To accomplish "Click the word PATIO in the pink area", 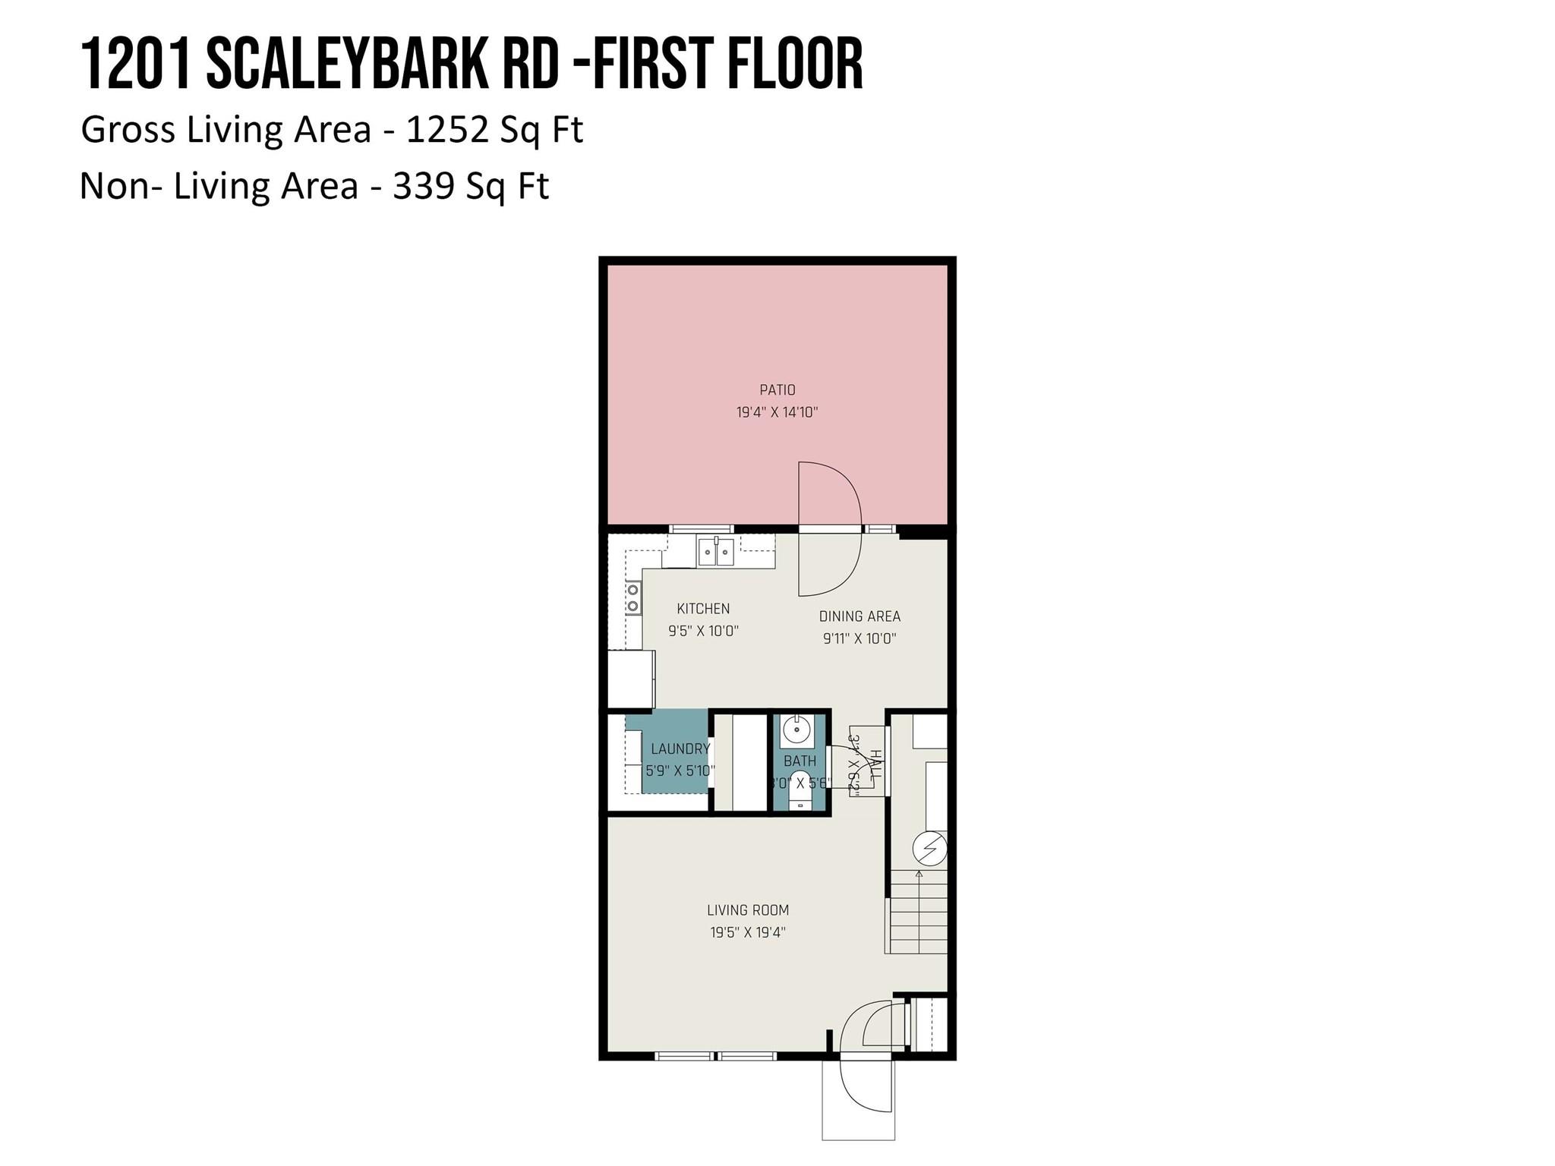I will click(777, 390).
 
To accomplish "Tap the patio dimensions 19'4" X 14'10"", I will click(777, 413).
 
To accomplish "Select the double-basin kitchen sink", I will click(716, 551).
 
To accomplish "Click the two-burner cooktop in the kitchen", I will click(632, 597).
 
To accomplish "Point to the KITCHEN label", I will click(703, 609).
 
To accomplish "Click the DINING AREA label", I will click(860, 616).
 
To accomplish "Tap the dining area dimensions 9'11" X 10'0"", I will click(860, 638).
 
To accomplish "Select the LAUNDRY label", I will click(680, 748).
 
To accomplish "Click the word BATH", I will click(800, 761).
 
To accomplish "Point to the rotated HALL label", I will click(875, 767).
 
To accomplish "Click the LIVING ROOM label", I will click(748, 910).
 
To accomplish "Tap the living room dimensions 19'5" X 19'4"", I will click(748, 932).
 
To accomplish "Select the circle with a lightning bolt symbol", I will click(930, 848).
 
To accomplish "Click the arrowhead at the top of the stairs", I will click(919, 874).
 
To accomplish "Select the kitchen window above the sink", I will click(701, 528).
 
